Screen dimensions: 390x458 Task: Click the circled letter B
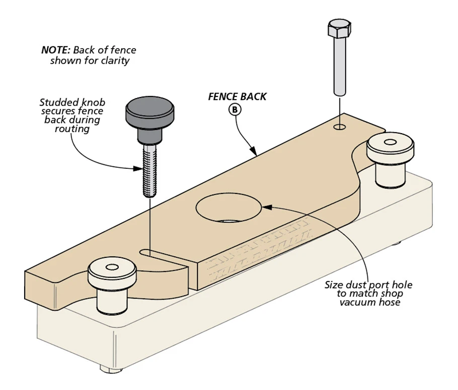(x=236, y=109)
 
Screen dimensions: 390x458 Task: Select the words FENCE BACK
(x=237, y=96)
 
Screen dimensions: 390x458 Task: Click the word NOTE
(x=56, y=50)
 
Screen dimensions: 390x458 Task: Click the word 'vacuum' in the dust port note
(x=357, y=303)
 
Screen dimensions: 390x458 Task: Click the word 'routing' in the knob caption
(x=72, y=129)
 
